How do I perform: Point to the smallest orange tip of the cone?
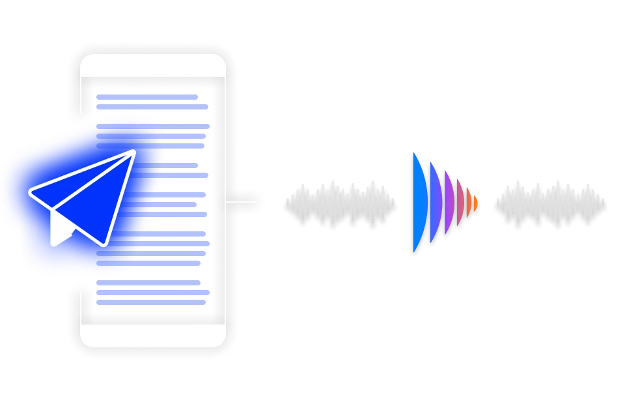coord(476,204)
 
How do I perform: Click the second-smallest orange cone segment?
coord(469,204)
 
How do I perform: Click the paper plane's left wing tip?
coord(31,194)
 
